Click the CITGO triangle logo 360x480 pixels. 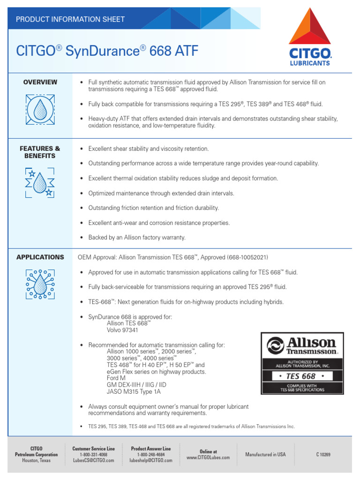pos(310,27)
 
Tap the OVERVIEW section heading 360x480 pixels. pos(40,82)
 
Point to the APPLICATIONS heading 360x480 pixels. pos(40,257)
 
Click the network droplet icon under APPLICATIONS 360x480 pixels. pos(40,284)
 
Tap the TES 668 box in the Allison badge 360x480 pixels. pos(302,376)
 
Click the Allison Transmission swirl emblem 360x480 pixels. pos(275,346)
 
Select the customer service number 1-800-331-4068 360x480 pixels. pos(93,455)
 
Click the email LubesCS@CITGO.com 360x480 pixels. pos(93,461)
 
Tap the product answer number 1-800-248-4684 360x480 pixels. pos(151,455)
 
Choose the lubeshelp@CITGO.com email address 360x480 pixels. pos(151,461)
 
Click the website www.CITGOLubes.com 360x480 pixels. pos(208,457)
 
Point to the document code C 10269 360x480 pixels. pos(323,455)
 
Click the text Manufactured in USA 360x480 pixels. pos(265,455)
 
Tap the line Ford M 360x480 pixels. pos(116,378)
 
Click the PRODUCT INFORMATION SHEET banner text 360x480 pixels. pos(70,19)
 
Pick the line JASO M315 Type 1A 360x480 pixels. pos(134,391)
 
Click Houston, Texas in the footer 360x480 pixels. pos(37,461)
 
